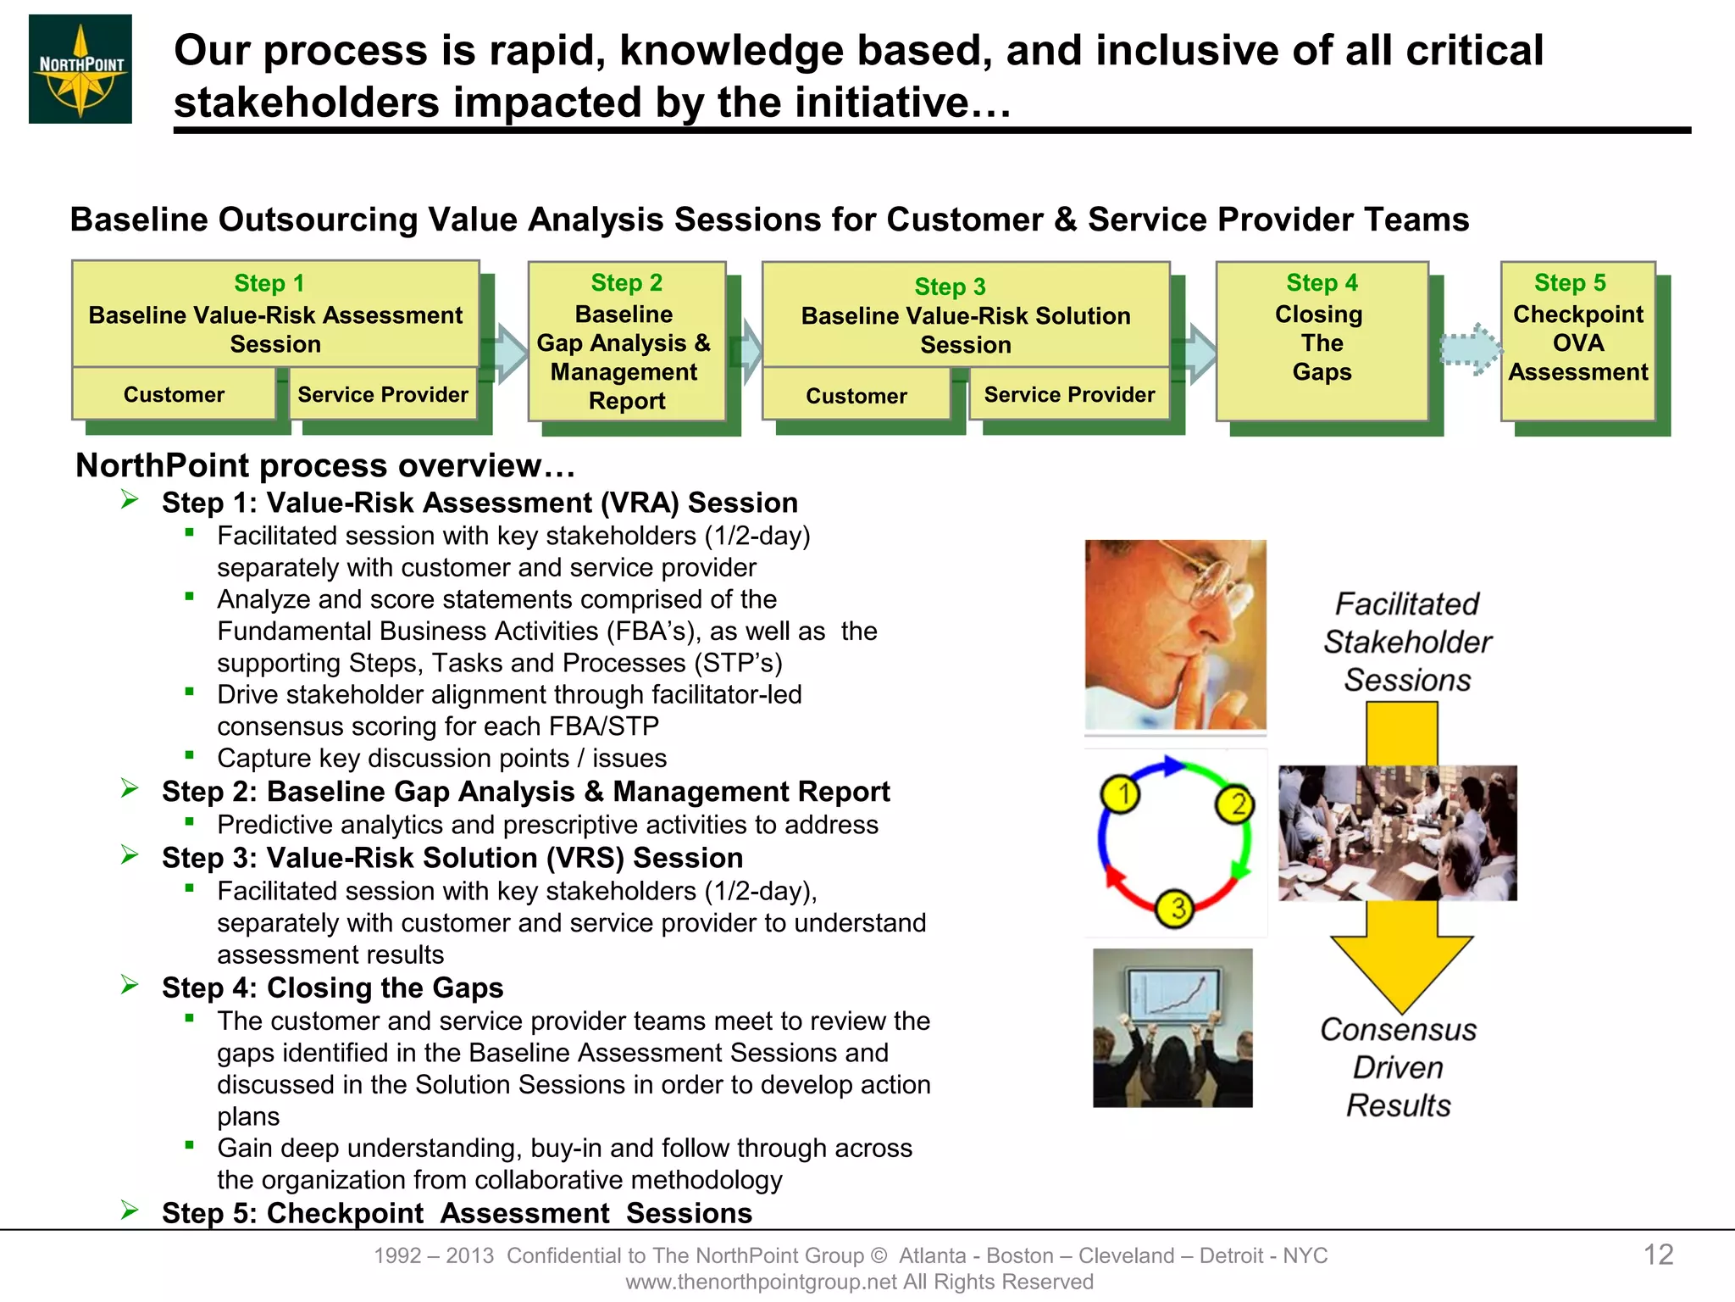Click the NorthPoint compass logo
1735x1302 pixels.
(80, 70)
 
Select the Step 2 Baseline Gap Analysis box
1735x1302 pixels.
(626, 342)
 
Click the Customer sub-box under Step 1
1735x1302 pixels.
(174, 394)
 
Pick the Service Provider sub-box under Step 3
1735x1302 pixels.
(1069, 395)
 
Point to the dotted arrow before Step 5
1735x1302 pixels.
(1471, 348)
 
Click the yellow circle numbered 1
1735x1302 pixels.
(1121, 795)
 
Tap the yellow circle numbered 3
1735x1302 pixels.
(1176, 909)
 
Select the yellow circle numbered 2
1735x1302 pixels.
(1236, 804)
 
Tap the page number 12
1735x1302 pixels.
(1658, 1255)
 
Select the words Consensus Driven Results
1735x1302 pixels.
(1399, 1067)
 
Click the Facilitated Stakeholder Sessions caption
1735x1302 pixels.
(1407, 642)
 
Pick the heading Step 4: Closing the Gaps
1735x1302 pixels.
(332, 988)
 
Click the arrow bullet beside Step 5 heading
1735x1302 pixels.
(130, 1210)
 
